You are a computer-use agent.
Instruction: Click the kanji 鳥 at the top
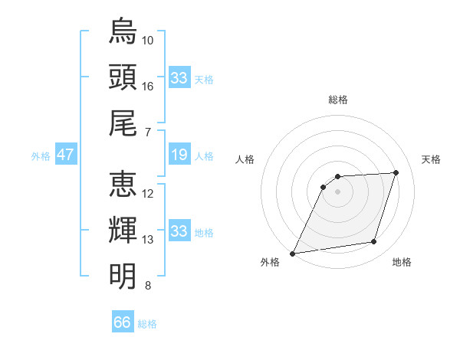pyautogui.click(x=123, y=32)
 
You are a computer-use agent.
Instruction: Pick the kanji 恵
pyautogui.click(x=123, y=184)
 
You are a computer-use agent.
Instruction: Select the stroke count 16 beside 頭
pyautogui.click(x=148, y=86)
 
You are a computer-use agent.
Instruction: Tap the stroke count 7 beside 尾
pyautogui.click(x=148, y=132)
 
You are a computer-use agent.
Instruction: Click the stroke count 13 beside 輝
pyautogui.click(x=148, y=239)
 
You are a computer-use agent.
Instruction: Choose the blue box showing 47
pyautogui.click(x=65, y=155)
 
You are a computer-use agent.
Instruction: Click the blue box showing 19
pyautogui.click(x=179, y=155)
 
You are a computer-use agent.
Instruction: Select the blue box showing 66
pyautogui.click(x=123, y=322)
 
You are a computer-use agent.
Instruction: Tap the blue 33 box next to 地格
pyautogui.click(x=179, y=232)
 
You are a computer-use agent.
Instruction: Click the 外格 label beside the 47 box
pyautogui.click(x=41, y=156)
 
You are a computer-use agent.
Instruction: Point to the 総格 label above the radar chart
pyautogui.click(x=337, y=100)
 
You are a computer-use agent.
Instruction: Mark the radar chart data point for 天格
pyautogui.click(x=396, y=172)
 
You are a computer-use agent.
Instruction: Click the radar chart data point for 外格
pyautogui.click(x=292, y=254)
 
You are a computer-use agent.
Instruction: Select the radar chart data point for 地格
pyautogui.click(x=374, y=242)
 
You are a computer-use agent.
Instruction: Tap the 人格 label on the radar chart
pyautogui.click(x=245, y=159)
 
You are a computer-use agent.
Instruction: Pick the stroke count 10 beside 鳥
pyautogui.click(x=148, y=40)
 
